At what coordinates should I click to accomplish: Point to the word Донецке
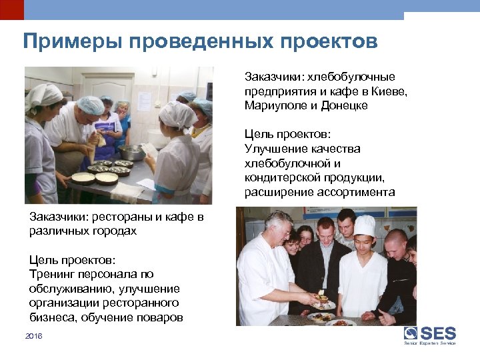[344, 105]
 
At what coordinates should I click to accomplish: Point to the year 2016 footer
[33, 337]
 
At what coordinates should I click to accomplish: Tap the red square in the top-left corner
[11, 9]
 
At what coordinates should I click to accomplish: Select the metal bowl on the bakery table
[131, 151]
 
